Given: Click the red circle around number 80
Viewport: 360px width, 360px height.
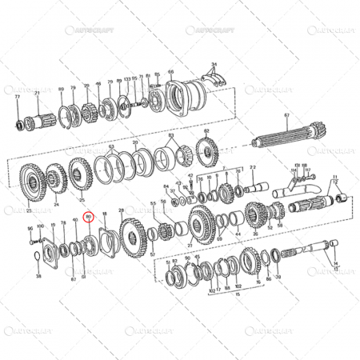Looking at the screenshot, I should tap(90, 216).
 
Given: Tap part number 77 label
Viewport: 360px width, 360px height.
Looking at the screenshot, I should tap(17, 95).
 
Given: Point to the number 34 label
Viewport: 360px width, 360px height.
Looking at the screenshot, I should tap(214, 62).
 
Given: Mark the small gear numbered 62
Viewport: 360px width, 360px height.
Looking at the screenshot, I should tap(203, 151).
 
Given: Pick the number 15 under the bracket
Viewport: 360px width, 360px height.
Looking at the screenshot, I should tap(236, 294).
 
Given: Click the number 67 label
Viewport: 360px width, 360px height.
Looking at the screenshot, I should tap(286, 116).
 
